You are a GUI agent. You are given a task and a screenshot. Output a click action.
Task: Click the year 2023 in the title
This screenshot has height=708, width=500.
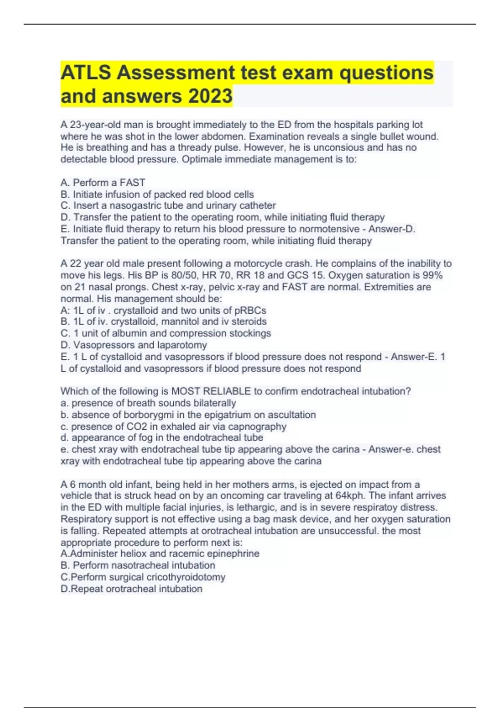(210, 96)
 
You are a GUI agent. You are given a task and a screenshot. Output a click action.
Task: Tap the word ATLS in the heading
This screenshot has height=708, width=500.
(85, 72)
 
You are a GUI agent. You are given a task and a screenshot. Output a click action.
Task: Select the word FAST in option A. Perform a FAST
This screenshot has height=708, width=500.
(132, 182)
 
